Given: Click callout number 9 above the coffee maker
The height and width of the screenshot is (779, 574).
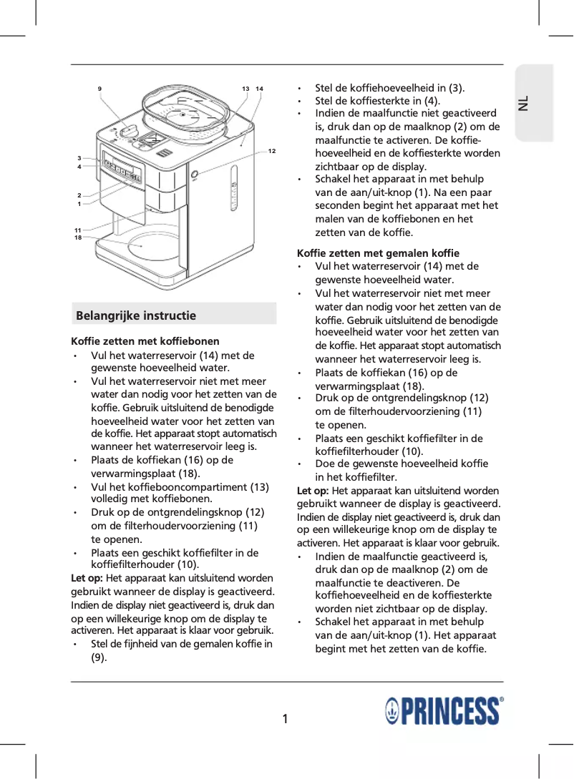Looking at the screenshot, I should (99, 89).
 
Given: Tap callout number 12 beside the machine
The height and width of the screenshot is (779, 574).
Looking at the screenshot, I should (272, 152).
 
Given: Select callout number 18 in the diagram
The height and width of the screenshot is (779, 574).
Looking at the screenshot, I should (78, 237).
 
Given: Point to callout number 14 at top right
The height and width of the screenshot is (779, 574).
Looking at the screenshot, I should (259, 89).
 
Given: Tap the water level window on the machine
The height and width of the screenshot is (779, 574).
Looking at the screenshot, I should (233, 190).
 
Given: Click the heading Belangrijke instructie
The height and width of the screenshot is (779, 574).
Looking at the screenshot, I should (136, 315).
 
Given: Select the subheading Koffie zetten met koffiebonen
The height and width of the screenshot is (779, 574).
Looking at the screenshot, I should (145, 341).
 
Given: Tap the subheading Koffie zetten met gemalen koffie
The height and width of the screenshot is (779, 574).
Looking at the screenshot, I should (378, 253).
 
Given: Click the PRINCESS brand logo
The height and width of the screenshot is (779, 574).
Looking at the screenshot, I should (444, 712).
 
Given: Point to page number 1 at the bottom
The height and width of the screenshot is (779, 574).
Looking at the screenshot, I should (285, 719).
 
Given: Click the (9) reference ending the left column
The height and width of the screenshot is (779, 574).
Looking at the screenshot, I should (99, 657).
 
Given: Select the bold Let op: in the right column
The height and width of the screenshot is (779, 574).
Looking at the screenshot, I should (313, 491).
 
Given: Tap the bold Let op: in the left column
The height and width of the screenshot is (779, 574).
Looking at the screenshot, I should (87, 578).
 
